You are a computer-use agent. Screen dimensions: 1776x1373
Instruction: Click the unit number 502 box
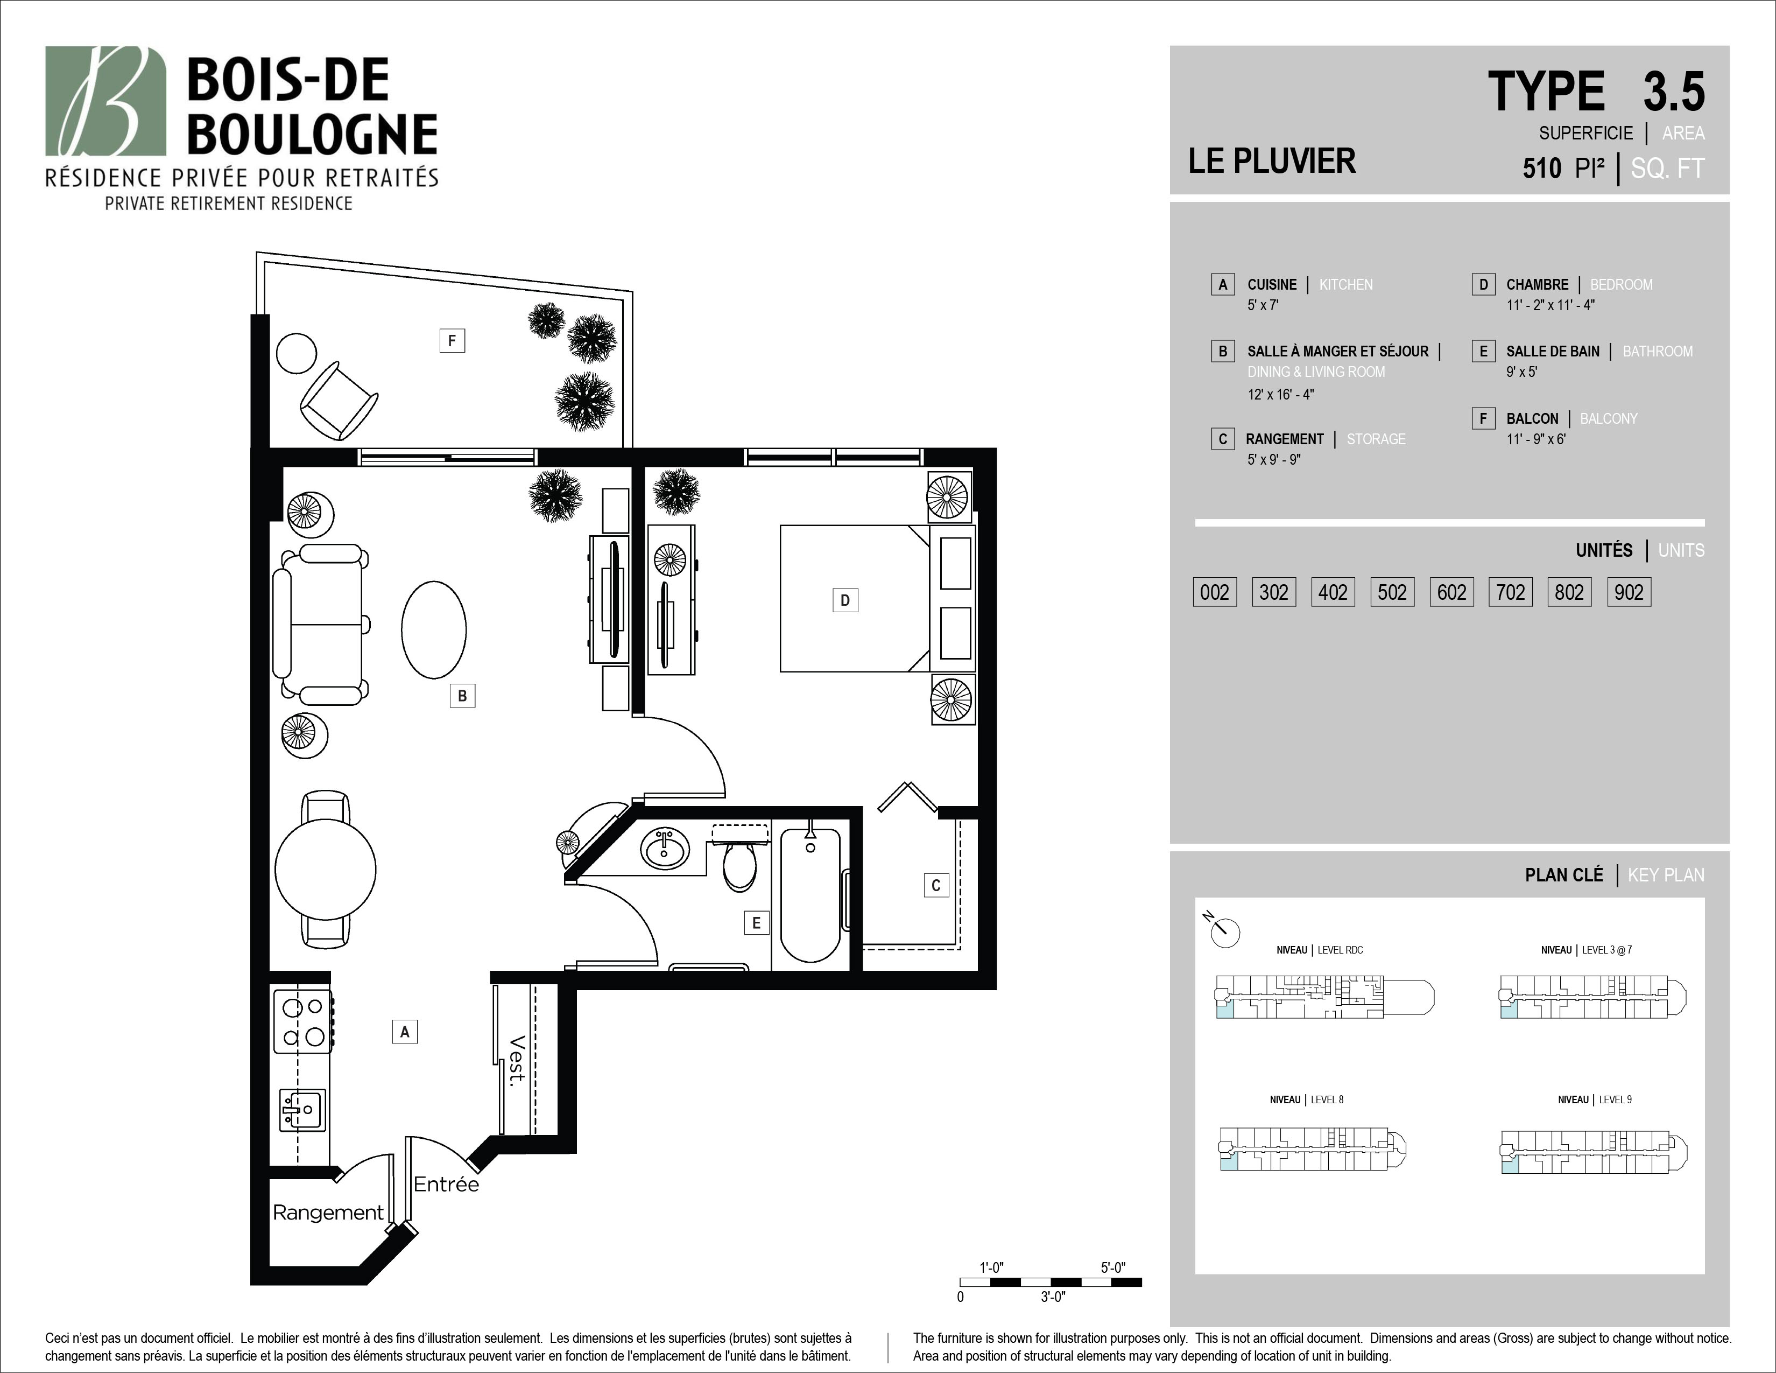tap(1392, 592)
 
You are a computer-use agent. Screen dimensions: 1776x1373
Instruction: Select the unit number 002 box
tap(1215, 592)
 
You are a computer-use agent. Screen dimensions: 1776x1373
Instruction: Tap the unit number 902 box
tap(1629, 592)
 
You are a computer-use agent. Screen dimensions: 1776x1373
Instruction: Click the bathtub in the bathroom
tap(810, 895)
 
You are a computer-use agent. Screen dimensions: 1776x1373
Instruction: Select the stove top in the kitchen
tap(302, 1021)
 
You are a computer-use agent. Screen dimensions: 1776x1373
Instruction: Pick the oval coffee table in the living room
tap(433, 629)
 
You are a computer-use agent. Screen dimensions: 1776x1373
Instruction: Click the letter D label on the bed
tap(845, 600)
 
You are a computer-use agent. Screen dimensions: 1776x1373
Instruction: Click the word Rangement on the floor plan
tap(328, 1213)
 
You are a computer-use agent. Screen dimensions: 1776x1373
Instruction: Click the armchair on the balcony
tap(339, 400)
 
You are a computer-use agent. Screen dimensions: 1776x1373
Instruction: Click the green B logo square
tap(105, 100)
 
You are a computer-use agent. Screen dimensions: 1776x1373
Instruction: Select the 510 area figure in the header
tap(1542, 169)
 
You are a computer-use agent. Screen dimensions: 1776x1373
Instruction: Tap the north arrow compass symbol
tap(1223, 930)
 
